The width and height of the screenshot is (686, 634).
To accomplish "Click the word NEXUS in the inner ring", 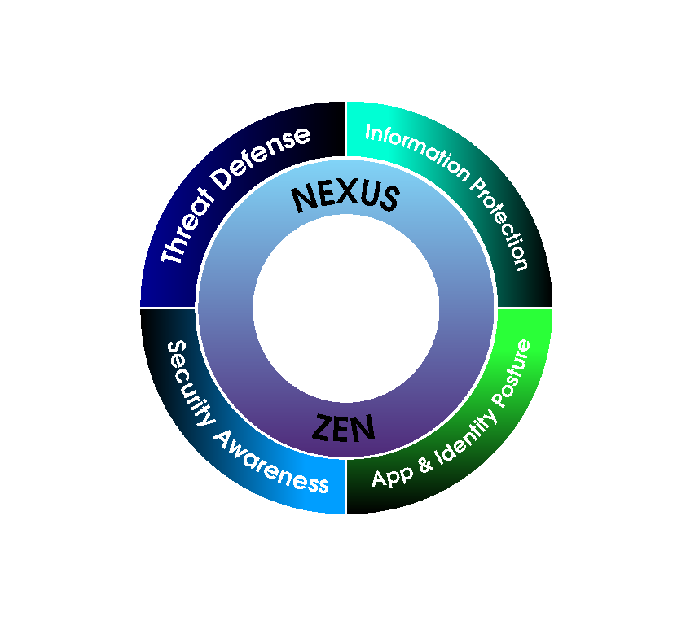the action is click(x=345, y=198).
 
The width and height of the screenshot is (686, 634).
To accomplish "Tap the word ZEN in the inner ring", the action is click(x=344, y=427).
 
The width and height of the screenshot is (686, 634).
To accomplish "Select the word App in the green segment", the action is click(x=392, y=477).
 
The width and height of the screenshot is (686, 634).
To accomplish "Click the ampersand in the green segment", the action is click(x=425, y=464).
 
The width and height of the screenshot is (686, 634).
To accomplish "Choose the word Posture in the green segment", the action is click(x=511, y=374).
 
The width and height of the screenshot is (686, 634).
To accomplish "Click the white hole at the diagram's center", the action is click(x=345, y=308).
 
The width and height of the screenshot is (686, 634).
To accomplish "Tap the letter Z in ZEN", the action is click(x=323, y=427).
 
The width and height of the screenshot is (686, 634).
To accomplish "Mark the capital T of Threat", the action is click(x=171, y=254).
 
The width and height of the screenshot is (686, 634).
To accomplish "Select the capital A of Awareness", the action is click(x=224, y=439).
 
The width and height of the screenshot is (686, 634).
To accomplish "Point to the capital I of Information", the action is click(x=368, y=132).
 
